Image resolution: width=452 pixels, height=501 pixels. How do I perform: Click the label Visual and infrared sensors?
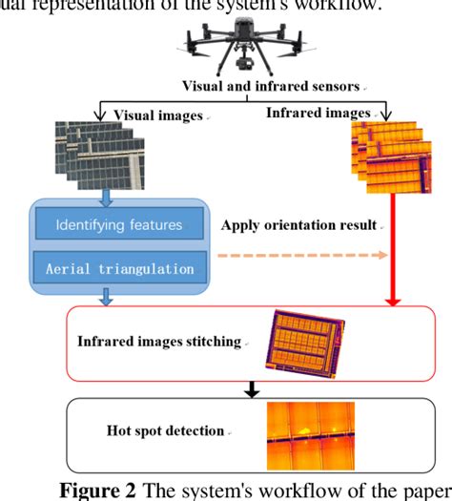[x=286, y=87]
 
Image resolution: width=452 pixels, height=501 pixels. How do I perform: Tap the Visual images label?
[x=158, y=115]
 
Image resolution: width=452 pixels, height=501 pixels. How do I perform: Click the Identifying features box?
[x=120, y=226]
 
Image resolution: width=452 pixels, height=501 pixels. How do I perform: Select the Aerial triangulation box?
[x=120, y=269]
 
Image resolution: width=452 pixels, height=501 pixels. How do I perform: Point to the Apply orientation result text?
[x=300, y=226]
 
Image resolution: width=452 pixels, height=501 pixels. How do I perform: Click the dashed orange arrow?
[x=305, y=256]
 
